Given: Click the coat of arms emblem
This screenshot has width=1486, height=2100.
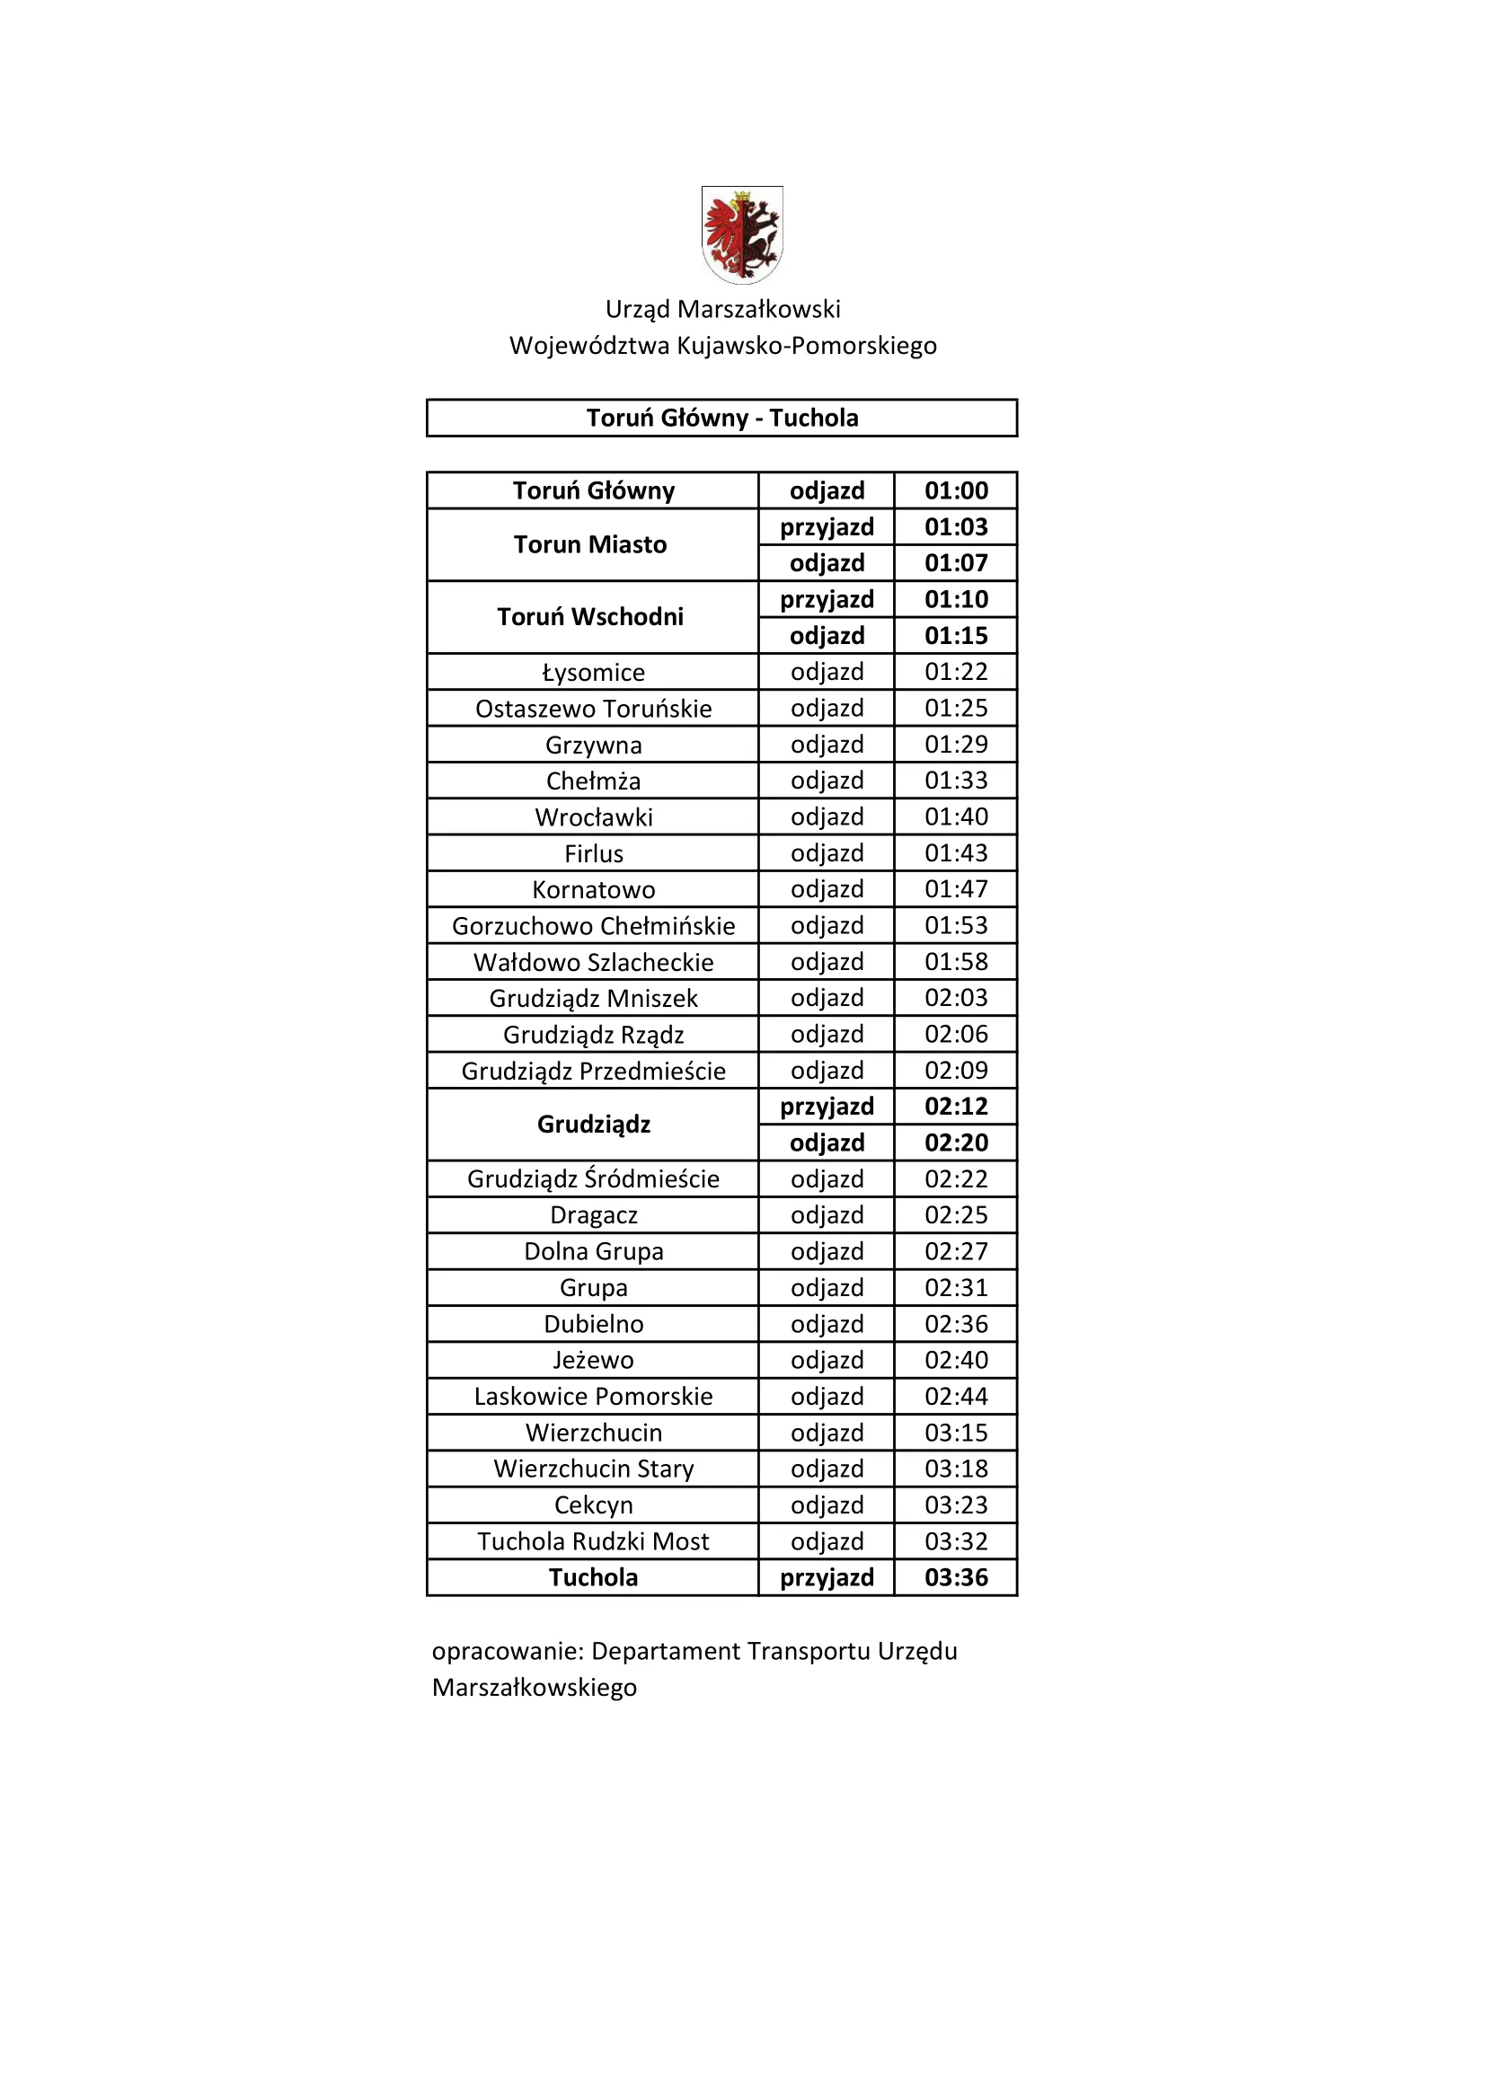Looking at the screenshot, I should (742, 234).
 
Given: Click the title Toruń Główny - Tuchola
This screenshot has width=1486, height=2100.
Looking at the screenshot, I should (722, 418).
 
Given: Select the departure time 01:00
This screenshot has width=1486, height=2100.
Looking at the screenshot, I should (956, 490).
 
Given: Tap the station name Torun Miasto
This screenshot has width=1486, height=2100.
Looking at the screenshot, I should (590, 544).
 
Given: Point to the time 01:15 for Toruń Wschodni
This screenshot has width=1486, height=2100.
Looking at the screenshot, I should (956, 636).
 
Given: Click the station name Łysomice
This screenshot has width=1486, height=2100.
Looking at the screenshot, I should (594, 672).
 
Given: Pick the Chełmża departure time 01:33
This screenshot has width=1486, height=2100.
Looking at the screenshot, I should (956, 781).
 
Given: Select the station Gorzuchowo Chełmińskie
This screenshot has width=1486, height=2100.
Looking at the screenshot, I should (594, 926).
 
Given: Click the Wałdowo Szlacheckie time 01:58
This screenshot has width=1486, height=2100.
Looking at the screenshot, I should (956, 961).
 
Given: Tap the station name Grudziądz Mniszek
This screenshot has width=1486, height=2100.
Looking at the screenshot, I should (594, 998).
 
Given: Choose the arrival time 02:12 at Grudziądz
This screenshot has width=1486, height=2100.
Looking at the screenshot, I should (956, 1107).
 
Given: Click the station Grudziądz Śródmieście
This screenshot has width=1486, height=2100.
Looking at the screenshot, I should (594, 1179).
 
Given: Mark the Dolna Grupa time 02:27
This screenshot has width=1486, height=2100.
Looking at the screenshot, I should (956, 1251).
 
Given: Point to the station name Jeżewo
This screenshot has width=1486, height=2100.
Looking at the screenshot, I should (594, 1360).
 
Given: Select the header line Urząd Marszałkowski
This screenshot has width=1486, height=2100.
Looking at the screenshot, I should (723, 309).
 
